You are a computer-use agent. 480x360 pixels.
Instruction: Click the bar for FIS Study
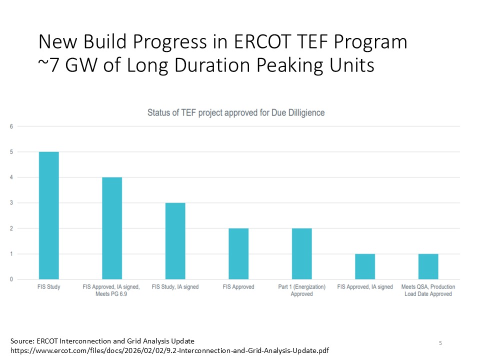click(48, 215)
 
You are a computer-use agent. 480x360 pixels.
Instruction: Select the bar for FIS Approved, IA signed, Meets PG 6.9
click(112, 228)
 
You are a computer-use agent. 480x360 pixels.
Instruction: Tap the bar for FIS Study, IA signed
click(175, 240)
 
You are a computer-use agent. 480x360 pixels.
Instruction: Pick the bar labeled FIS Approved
click(238, 253)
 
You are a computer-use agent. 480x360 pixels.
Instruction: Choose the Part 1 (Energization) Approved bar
click(301, 253)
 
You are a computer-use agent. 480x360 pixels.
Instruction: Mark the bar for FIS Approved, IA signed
click(365, 266)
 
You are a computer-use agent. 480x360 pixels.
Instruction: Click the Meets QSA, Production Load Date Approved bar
click(428, 266)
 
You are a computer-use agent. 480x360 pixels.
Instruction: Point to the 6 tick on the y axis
click(11, 126)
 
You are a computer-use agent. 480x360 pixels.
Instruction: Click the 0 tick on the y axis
click(11, 279)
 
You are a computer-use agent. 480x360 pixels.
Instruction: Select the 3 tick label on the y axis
click(11, 203)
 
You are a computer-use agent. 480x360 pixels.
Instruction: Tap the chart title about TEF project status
click(236, 112)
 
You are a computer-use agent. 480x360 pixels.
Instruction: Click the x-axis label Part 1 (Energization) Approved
click(301, 290)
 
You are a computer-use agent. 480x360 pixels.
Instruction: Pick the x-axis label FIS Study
click(48, 287)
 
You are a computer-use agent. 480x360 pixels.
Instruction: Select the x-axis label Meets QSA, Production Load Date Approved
click(428, 290)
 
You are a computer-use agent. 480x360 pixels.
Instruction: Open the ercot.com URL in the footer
click(170, 350)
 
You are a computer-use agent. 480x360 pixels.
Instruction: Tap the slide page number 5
click(440, 343)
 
